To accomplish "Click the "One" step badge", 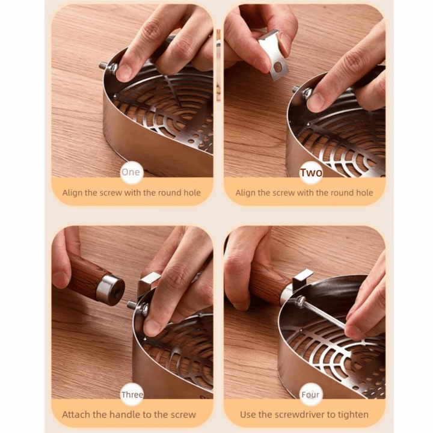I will tap(131, 172).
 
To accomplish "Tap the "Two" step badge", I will tap(311, 173).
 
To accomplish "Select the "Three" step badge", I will tap(132, 395).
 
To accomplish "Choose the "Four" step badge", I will tap(311, 395).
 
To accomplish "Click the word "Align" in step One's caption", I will tap(73, 193).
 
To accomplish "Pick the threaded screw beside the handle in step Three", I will tap(131, 305).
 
